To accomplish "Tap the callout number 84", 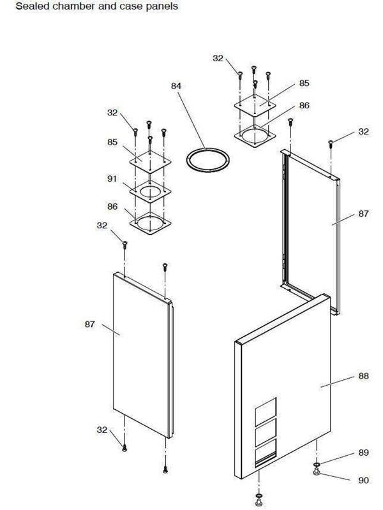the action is [x=176, y=86].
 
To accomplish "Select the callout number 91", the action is [x=112, y=178].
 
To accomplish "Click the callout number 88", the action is [x=363, y=376].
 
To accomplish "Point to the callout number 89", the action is [x=363, y=453].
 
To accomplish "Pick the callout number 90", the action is [x=363, y=480].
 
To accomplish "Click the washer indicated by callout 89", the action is [x=316, y=465].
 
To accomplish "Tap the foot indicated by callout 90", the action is [x=316, y=472].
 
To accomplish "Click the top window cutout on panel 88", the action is [x=266, y=412].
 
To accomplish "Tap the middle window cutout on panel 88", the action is [x=266, y=432].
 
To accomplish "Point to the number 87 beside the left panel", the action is [x=90, y=324].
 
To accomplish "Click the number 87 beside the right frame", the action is [x=363, y=214].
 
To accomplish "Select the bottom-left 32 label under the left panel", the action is [x=102, y=430].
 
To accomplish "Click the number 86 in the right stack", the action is [x=304, y=106].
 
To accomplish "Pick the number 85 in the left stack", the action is [x=112, y=142].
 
